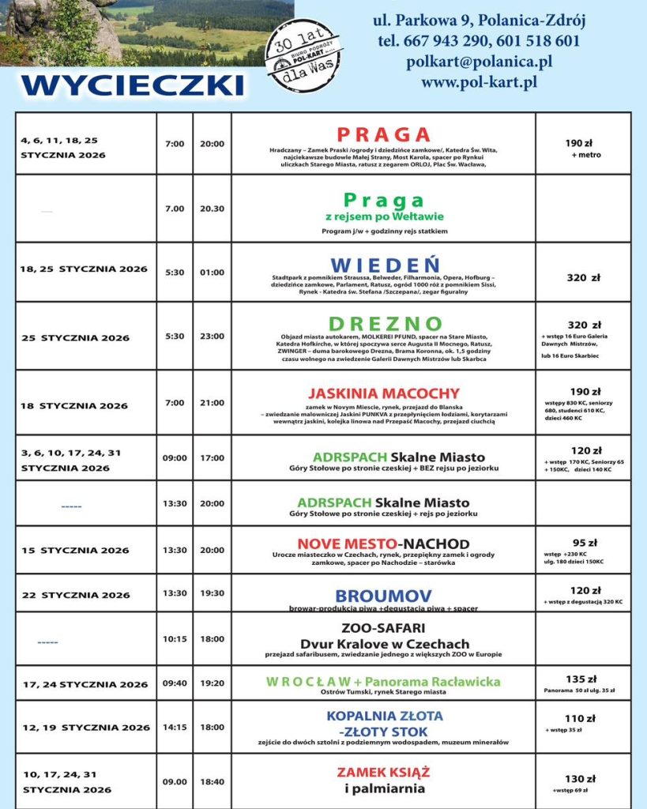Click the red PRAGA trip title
383,134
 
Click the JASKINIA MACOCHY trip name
383,393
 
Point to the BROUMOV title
383,596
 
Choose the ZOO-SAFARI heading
383,628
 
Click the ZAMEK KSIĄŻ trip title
383,772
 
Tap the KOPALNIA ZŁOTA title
383,716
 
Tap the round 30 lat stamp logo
303,56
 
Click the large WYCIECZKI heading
133,85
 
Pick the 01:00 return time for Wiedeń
212,273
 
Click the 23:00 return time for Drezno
212,336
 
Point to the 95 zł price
584,543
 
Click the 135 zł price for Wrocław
584,679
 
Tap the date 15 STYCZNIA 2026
75,550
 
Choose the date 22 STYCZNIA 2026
76,595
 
